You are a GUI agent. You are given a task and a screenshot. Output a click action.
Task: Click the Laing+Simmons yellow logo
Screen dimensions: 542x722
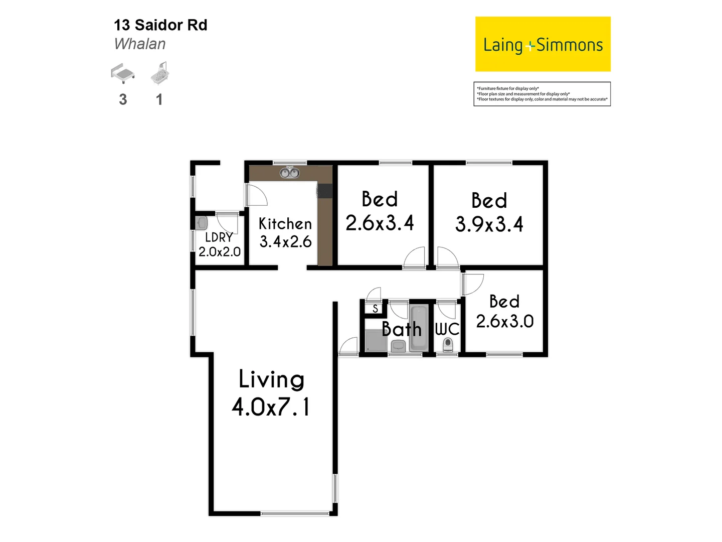click(x=543, y=44)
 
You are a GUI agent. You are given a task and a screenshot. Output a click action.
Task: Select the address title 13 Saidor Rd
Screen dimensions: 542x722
click(x=160, y=25)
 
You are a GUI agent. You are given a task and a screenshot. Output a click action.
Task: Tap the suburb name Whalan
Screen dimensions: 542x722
click(x=139, y=44)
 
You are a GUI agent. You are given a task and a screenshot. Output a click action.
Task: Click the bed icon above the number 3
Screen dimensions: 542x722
click(x=123, y=74)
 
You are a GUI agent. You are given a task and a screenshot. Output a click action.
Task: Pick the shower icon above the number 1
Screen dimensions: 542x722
click(x=160, y=74)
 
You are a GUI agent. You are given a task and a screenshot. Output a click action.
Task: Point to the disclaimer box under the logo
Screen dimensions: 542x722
click(x=542, y=94)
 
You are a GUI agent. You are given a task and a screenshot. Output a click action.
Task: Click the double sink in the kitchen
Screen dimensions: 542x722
click(x=289, y=173)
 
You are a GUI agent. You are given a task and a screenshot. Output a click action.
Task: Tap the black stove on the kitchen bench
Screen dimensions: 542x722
click(x=325, y=191)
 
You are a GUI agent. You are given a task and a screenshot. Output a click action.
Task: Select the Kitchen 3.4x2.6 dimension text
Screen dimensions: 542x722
click(x=285, y=242)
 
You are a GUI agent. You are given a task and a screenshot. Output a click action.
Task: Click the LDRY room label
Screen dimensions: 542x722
click(x=219, y=237)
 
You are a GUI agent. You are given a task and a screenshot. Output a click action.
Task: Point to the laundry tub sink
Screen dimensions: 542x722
click(x=202, y=223)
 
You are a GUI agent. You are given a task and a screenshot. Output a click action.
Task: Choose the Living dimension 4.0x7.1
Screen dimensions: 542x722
click(x=271, y=406)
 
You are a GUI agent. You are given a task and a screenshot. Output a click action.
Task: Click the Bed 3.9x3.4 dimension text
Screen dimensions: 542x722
click(x=489, y=224)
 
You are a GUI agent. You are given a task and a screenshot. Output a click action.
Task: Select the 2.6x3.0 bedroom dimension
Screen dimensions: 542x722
click(x=504, y=321)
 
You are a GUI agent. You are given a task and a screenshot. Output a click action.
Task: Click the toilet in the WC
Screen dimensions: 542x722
click(x=448, y=345)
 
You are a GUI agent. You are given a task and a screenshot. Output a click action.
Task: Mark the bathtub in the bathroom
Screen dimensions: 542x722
click(x=418, y=329)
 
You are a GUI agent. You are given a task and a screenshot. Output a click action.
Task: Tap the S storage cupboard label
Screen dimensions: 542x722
click(x=375, y=309)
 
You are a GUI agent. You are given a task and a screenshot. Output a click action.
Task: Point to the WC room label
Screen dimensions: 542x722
click(x=447, y=329)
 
